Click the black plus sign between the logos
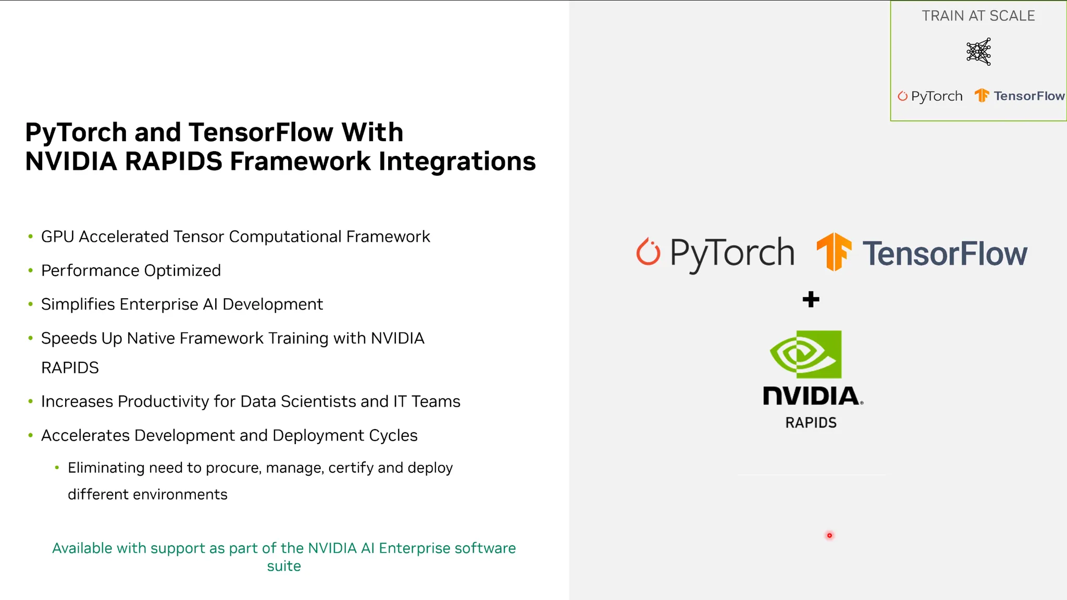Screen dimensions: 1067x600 (811, 299)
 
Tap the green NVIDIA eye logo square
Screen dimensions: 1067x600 (806, 354)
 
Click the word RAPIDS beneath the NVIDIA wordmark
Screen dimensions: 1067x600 (811, 423)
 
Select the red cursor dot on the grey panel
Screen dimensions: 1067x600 (829, 535)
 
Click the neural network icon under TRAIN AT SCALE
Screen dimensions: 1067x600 (978, 52)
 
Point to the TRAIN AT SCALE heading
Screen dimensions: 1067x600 (978, 16)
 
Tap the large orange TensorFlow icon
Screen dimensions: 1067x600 (834, 252)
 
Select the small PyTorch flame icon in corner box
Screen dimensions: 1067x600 (902, 96)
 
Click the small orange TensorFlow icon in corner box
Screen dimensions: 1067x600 (982, 95)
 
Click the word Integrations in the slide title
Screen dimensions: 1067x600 (457, 161)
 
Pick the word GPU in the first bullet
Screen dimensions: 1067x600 (57, 237)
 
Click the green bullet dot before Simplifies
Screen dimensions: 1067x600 (30, 304)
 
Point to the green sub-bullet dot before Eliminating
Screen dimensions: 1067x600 (57, 468)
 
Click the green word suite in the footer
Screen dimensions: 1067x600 (284, 566)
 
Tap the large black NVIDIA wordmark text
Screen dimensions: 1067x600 (811, 396)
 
